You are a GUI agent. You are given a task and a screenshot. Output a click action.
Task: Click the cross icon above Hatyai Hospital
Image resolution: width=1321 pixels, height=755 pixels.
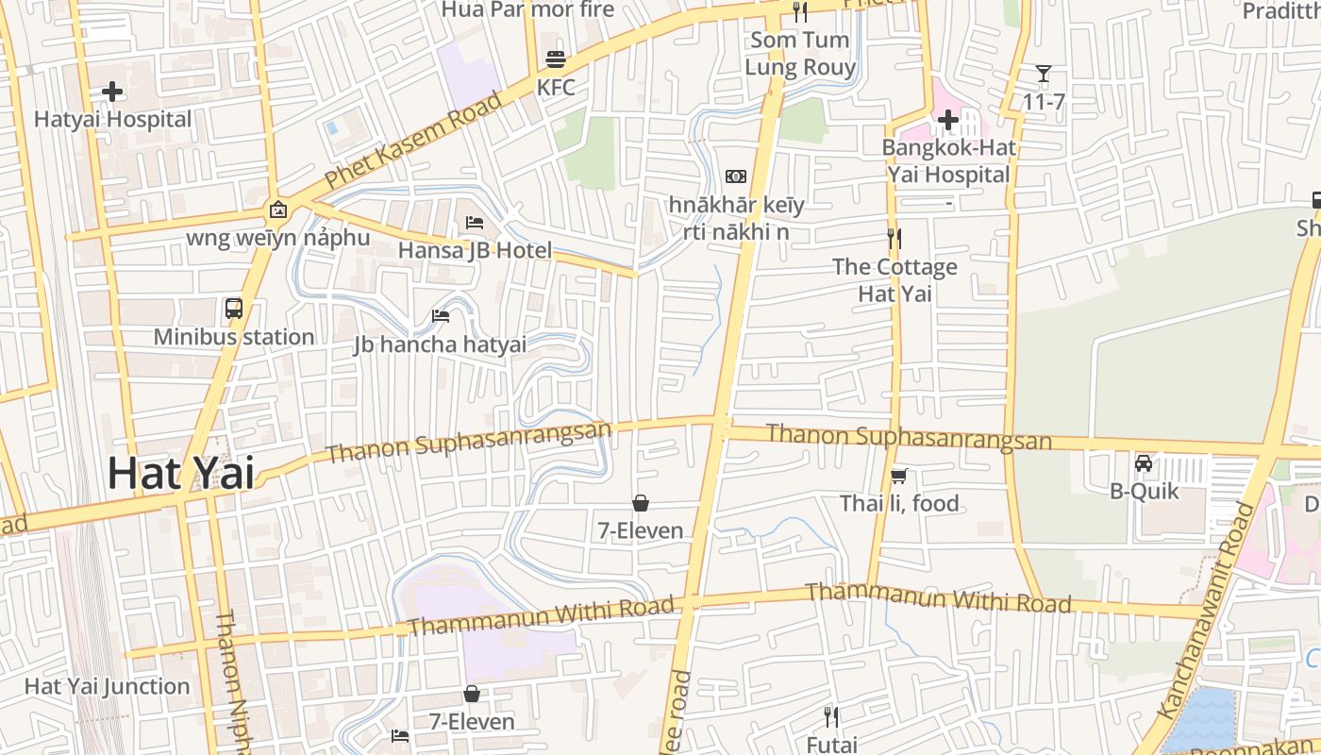tap(112, 92)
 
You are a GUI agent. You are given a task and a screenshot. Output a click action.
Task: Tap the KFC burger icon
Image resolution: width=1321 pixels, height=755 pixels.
tap(555, 59)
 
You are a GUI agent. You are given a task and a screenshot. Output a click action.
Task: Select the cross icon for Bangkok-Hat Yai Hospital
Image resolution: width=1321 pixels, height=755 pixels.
tap(948, 120)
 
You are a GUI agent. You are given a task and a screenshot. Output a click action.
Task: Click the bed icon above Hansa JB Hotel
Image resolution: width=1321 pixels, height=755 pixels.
tap(475, 223)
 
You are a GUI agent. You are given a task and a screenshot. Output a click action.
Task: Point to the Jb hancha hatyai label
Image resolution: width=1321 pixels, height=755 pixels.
tap(440, 344)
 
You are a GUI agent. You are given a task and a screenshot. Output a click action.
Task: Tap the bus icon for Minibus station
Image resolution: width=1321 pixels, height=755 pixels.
tap(234, 308)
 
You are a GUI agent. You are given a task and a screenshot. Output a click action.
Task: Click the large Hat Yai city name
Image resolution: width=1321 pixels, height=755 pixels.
tap(180, 473)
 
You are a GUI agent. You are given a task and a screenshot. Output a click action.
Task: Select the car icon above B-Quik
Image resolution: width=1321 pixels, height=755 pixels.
tap(1144, 463)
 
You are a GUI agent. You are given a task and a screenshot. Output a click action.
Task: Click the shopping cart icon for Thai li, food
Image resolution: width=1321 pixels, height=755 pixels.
tap(899, 476)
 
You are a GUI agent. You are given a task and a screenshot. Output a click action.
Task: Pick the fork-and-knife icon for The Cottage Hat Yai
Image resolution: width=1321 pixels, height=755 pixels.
tap(895, 239)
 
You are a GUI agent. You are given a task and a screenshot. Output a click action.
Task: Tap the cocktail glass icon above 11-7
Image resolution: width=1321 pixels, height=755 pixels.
tap(1044, 74)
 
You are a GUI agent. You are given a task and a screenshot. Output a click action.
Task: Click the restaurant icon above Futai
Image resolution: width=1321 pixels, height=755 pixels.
tap(831, 717)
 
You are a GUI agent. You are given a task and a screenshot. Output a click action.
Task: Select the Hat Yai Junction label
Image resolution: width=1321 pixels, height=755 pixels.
tap(107, 686)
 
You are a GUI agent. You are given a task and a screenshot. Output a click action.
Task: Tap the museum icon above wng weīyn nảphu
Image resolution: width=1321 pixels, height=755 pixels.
tap(277, 210)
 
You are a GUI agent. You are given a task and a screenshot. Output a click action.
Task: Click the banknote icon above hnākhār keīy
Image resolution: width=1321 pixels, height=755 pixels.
tap(736, 176)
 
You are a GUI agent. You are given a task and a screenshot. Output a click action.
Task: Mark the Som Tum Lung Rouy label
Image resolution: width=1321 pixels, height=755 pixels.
tap(800, 54)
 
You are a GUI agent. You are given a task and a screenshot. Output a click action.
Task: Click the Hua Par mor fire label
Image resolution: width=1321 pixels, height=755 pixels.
tap(527, 9)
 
